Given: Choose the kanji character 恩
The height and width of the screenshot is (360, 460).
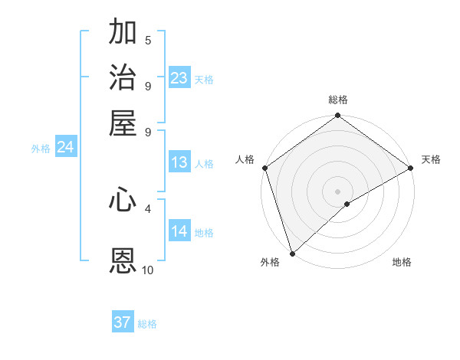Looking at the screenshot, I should [123, 260].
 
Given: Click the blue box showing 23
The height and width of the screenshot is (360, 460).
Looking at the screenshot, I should [179, 77].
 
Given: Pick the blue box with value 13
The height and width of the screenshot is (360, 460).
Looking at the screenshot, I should [179, 162].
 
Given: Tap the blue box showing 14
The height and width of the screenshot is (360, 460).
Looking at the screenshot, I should [179, 231].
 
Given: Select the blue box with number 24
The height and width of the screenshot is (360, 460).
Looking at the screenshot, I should [66, 147].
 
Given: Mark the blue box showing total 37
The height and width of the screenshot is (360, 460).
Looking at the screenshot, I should [123, 322].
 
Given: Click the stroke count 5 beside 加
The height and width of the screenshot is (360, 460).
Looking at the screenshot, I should [148, 41].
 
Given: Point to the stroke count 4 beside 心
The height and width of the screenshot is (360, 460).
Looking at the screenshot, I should [148, 208].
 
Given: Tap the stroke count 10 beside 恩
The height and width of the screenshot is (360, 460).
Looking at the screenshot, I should [148, 270].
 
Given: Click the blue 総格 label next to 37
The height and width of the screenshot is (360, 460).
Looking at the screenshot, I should [147, 324].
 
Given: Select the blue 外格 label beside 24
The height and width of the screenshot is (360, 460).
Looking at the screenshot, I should [41, 149].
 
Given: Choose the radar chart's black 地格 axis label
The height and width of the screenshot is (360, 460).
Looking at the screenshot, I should [402, 262].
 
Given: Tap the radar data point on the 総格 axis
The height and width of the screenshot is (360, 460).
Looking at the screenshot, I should [338, 116].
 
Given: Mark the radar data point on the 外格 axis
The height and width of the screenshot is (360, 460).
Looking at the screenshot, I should [292, 253].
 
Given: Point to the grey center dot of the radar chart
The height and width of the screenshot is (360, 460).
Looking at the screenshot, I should [338, 191].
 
